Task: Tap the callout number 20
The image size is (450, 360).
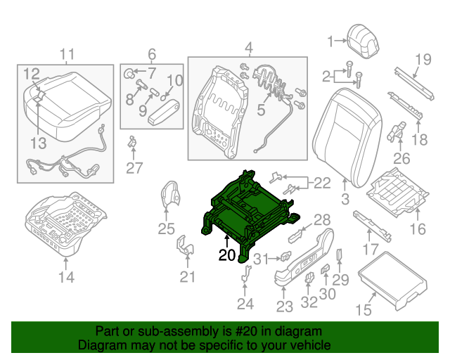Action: [226, 256]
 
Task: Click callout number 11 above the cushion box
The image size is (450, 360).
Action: [66, 54]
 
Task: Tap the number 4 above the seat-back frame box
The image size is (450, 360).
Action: [248, 48]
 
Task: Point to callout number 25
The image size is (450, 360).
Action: [166, 228]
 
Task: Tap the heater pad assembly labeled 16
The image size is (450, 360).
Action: [398, 191]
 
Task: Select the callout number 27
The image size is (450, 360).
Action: [134, 167]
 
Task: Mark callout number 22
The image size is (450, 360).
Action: [321, 184]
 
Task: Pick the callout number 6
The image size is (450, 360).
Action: [151, 53]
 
